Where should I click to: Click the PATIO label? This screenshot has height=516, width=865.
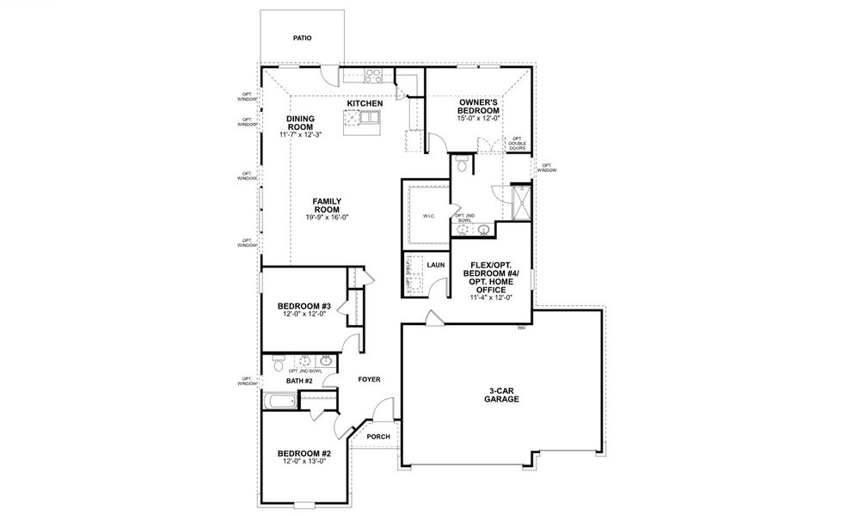[302, 38]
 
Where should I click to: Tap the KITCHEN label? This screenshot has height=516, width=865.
[365, 104]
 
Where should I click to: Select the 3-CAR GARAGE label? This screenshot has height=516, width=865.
[501, 395]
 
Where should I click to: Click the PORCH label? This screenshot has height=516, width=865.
[378, 436]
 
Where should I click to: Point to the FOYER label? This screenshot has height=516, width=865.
[369, 379]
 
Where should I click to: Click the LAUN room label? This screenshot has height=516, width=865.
[436, 265]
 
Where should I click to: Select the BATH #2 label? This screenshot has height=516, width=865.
[298, 380]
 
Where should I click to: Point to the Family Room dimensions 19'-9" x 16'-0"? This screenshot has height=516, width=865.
[327, 218]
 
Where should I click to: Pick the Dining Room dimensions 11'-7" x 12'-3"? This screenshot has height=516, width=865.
[299, 135]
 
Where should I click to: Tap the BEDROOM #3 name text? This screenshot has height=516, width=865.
[304, 306]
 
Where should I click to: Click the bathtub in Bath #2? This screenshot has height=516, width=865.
[281, 400]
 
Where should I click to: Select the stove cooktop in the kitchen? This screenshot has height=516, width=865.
[373, 76]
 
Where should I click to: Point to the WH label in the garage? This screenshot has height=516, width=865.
[520, 329]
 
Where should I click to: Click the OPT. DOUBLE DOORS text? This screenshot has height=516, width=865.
[517, 143]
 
